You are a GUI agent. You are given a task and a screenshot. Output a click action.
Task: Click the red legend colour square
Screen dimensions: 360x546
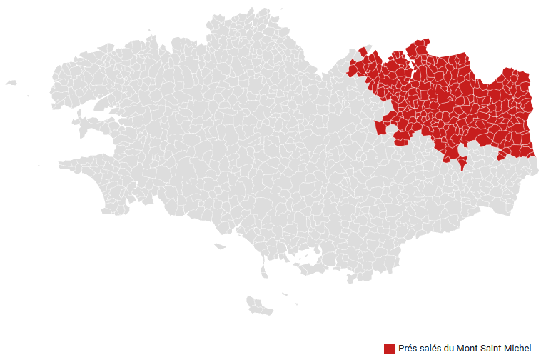pyautogui.click(x=389, y=349)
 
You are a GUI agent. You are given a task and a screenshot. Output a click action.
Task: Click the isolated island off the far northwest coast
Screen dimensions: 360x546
pyautogui.click(x=11, y=83)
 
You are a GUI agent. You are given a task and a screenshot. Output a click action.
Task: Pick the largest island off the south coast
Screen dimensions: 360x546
pyautogui.click(x=259, y=305)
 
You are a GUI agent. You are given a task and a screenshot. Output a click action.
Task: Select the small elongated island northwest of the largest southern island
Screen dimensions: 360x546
pyautogui.click(x=218, y=247)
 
